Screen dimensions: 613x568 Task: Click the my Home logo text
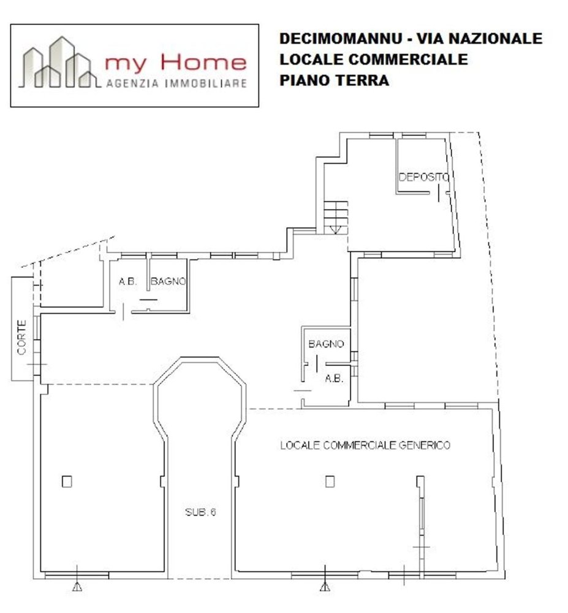coord(175,62)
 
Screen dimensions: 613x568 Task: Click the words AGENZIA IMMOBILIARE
coord(176,83)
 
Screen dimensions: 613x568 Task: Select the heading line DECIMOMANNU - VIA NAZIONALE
coord(411,38)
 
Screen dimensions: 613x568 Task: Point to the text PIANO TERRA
coord(334,80)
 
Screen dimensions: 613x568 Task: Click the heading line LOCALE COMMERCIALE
coord(373,59)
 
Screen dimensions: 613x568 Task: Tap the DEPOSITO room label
coord(424,178)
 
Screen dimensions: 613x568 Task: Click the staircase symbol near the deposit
coord(336,217)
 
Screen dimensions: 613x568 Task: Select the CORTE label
coord(22,338)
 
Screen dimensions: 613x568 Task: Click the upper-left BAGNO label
coord(169,282)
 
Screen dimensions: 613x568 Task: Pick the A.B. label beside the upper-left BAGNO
coord(127,282)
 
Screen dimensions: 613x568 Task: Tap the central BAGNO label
coord(326,345)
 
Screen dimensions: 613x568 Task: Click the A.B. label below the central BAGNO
coord(333,378)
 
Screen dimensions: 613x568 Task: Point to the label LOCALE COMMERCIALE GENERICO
coord(365,445)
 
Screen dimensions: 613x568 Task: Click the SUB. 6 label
coord(200,513)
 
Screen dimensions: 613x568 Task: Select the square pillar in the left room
coord(67,481)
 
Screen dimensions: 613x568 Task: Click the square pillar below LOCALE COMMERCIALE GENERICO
coord(330,481)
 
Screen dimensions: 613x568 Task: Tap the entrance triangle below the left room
coord(77,587)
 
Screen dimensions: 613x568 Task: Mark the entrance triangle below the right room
coord(324,587)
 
